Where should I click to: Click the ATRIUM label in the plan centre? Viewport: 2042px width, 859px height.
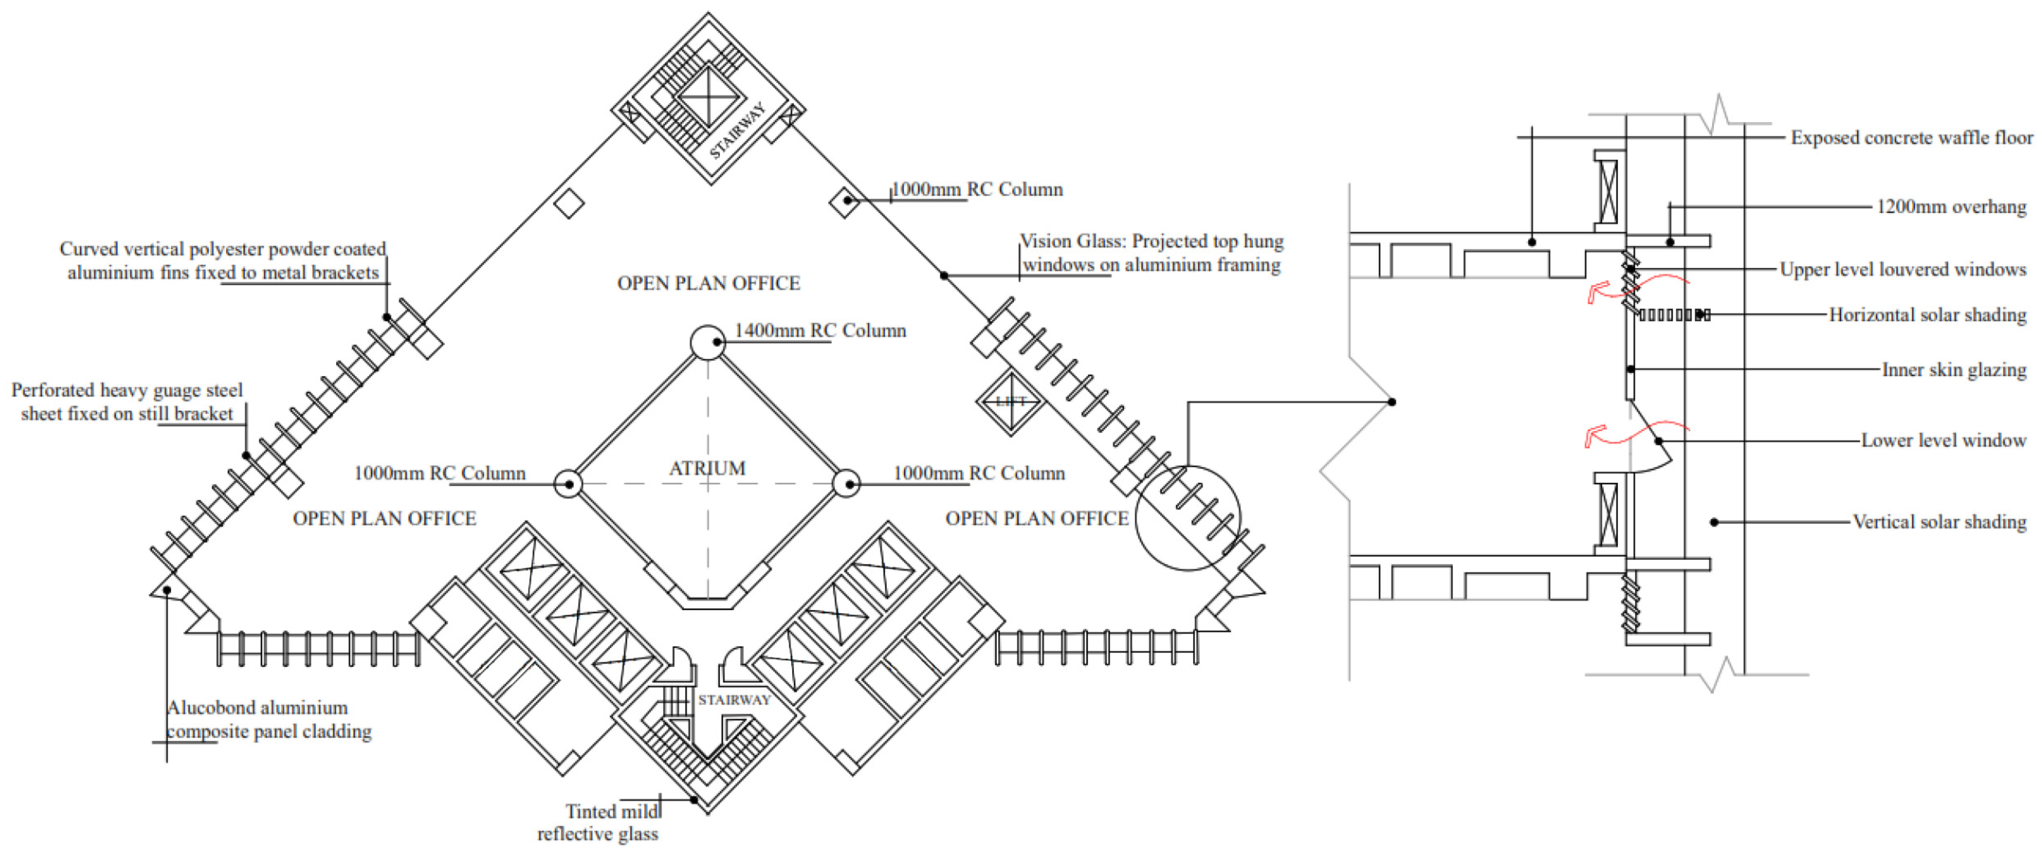[707, 468]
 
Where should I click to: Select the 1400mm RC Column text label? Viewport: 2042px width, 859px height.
[820, 330]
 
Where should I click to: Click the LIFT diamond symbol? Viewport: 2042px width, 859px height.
[1011, 401]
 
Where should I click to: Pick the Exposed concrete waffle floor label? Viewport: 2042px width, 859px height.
[1911, 138]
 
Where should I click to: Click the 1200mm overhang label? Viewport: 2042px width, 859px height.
[1951, 207]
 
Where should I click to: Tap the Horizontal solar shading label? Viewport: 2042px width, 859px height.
[1927, 315]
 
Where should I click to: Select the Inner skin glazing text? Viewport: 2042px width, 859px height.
[1954, 369]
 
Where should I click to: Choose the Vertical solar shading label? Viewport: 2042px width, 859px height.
[1939, 522]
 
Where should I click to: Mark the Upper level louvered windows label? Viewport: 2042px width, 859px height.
[1903, 269]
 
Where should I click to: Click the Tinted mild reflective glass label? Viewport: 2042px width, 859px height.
[599, 823]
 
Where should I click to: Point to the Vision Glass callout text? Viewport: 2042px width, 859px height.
[1151, 253]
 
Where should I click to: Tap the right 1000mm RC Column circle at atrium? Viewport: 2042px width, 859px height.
[847, 483]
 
